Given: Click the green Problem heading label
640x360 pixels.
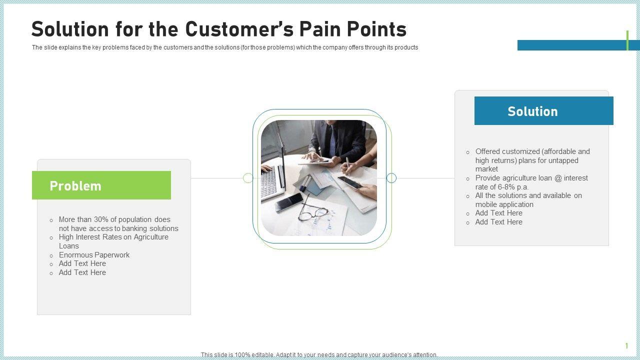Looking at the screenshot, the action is click(101, 185).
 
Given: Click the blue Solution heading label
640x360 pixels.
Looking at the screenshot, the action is click(543, 110).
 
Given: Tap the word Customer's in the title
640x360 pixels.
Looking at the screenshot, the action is click(239, 29).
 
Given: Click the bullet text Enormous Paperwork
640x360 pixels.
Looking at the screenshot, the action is click(94, 255).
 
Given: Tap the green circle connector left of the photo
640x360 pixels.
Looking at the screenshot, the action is click(248, 178).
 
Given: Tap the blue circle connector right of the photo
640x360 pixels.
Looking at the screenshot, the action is click(391, 178).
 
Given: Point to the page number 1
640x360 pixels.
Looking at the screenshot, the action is click(626, 345).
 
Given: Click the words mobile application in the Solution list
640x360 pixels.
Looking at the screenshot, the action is click(504, 204).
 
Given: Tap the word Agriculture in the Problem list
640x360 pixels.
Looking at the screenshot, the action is click(151, 237).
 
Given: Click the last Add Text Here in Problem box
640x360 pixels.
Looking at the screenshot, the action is click(82, 272).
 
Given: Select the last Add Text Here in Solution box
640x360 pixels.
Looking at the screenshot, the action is click(499, 222).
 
